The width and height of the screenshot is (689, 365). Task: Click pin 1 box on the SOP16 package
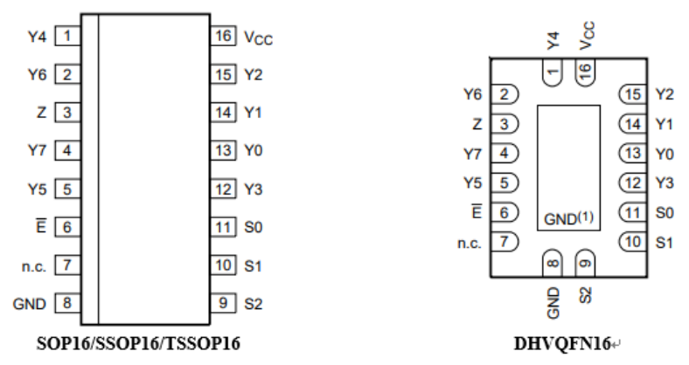click(67, 36)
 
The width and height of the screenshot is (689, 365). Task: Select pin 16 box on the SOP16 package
click(223, 36)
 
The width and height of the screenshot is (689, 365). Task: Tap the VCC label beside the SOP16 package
click(259, 38)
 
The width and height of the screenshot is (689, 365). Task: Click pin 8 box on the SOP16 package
click(67, 303)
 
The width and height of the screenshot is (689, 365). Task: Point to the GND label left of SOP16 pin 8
click(30, 304)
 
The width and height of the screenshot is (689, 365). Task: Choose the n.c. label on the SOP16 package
click(34, 266)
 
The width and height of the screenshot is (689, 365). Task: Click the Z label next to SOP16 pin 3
click(41, 113)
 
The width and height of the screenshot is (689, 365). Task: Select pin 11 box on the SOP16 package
click(223, 227)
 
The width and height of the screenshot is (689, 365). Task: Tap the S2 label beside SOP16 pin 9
click(253, 304)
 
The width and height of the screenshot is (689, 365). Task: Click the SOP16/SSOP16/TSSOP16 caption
click(138, 343)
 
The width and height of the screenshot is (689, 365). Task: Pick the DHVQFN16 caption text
click(562, 344)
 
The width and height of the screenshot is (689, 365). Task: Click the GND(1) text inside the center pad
click(568, 218)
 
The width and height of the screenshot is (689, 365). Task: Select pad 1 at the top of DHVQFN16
click(553, 72)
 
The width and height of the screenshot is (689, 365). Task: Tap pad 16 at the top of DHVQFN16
click(585, 72)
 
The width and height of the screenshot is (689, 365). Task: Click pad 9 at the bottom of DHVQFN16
click(585, 263)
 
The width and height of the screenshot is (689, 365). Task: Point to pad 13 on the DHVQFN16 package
click(632, 153)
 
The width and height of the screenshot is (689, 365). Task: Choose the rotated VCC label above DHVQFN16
click(587, 36)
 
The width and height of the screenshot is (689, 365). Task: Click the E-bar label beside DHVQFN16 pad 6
click(477, 211)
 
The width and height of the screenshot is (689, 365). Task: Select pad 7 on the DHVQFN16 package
click(505, 242)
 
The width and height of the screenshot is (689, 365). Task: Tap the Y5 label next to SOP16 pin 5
click(38, 189)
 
